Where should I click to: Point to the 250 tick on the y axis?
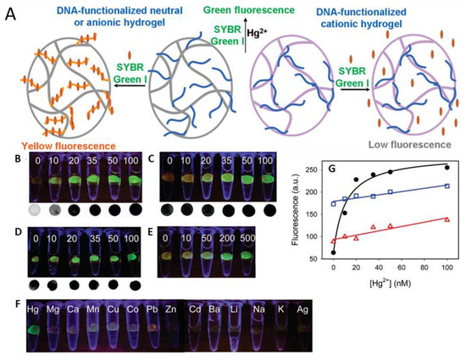310,168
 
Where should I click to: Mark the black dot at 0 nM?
333,252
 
